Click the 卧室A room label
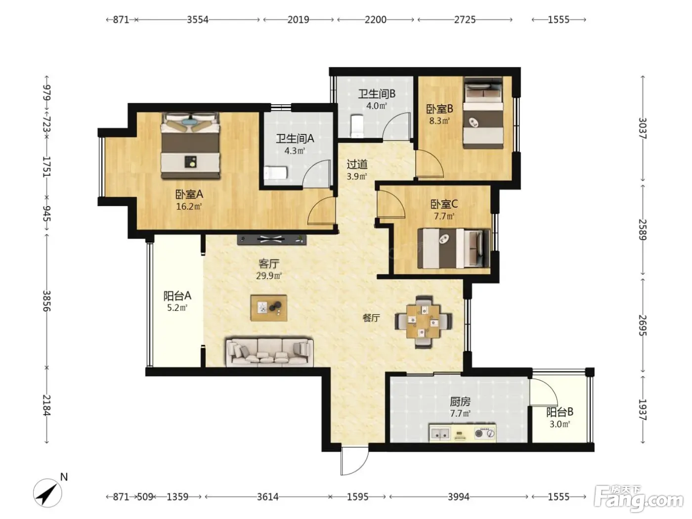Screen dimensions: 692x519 point(189,194)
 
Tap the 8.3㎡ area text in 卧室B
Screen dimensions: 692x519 point(439,121)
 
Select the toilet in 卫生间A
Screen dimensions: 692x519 point(275,173)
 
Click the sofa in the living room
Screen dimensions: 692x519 point(269,352)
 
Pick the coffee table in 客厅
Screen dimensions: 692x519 point(268,308)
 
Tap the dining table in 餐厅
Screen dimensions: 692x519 point(424,321)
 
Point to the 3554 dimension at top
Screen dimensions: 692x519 point(198,20)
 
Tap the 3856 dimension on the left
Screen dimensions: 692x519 point(47,301)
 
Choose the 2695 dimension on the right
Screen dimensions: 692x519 point(643,326)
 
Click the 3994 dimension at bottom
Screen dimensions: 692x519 point(458,497)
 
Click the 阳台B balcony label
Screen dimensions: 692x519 point(560,412)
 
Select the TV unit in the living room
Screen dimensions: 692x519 point(272,240)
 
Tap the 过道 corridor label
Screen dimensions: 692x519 point(357,164)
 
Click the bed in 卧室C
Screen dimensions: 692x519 point(454,248)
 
